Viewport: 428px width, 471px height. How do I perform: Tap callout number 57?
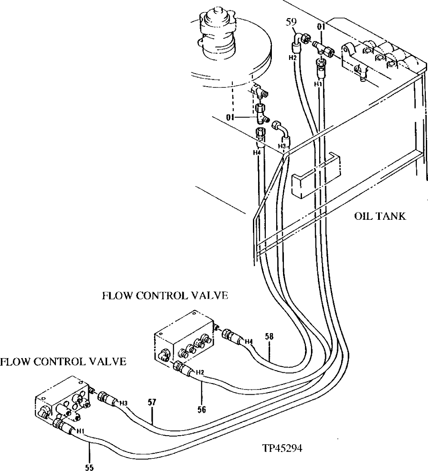152,402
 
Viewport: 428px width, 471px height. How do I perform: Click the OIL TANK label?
380,216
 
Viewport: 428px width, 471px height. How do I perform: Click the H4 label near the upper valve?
248,342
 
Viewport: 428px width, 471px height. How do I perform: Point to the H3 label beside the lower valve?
124,403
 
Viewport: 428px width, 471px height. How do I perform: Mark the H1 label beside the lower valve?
80,430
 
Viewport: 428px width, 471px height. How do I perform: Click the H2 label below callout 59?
293,57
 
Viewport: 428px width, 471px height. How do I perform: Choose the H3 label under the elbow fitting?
282,147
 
